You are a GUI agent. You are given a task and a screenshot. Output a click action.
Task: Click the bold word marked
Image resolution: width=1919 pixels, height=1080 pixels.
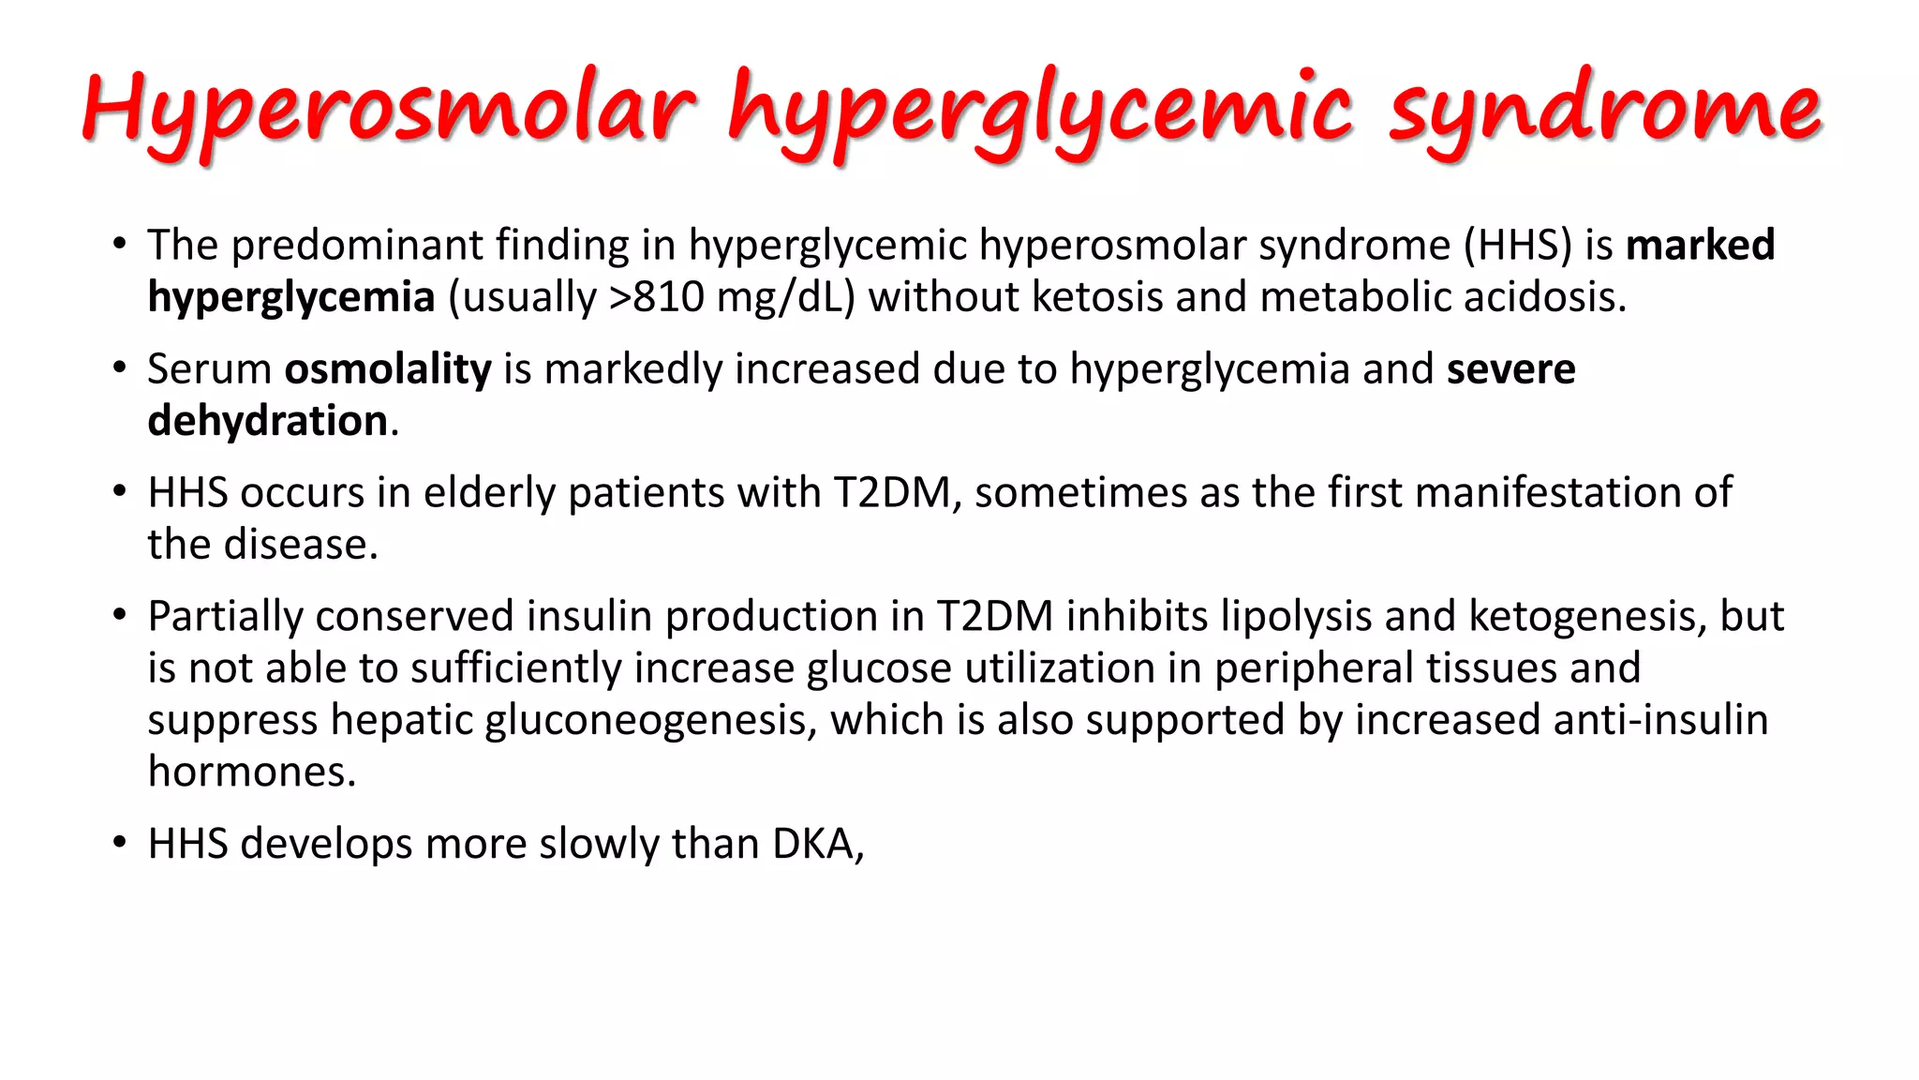click(1700, 246)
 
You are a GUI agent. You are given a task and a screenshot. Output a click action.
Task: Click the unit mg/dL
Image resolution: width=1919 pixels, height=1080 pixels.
click(785, 297)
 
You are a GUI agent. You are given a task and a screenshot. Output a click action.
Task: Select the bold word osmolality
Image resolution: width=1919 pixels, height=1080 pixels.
click(388, 369)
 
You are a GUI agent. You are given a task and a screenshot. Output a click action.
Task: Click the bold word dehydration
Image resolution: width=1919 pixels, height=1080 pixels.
click(268, 421)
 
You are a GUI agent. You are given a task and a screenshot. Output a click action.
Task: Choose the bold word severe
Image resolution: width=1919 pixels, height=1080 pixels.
click(1510, 369)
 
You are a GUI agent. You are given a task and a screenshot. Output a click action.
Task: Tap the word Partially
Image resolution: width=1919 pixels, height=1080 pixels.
click(225, 617)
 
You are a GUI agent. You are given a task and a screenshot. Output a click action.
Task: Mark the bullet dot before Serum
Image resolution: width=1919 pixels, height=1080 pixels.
click(119, 368)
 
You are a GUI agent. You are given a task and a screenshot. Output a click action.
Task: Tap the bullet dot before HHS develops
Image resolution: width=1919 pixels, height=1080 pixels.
click(119, 843)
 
